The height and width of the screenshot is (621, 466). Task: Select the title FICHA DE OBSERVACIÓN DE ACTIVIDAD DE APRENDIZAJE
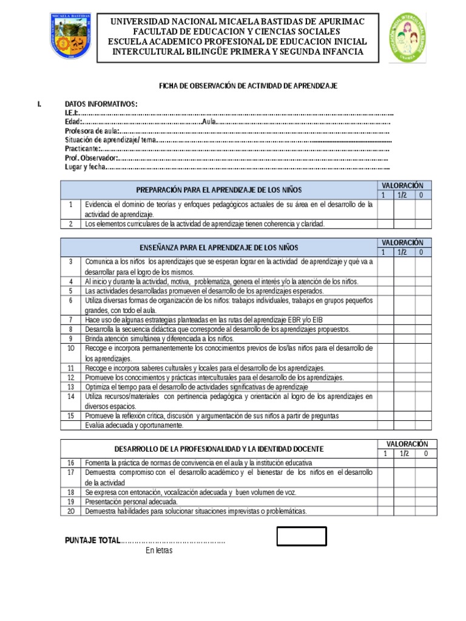(248, 86)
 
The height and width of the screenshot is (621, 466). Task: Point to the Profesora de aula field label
(92, 131)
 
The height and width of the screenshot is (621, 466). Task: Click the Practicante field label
(82, 149)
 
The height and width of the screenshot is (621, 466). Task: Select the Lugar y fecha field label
(85, 167)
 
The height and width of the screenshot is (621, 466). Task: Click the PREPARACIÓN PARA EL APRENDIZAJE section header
(219, 190)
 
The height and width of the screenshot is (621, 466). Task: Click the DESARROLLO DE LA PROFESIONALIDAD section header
(219, 449)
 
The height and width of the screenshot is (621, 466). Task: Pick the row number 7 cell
(70, 320)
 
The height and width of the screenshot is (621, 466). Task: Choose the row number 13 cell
(70, 387)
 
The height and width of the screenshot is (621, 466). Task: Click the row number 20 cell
(70, 511)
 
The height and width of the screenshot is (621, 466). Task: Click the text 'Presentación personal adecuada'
(132, 502)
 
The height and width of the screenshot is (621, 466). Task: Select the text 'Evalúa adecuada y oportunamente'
(134, 426)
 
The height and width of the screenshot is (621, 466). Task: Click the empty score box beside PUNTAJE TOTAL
(302, 537)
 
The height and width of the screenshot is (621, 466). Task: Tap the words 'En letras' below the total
(159, 551)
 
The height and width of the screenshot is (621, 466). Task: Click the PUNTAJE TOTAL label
(92, 540)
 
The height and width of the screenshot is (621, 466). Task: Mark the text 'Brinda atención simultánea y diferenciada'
(159, 339)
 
